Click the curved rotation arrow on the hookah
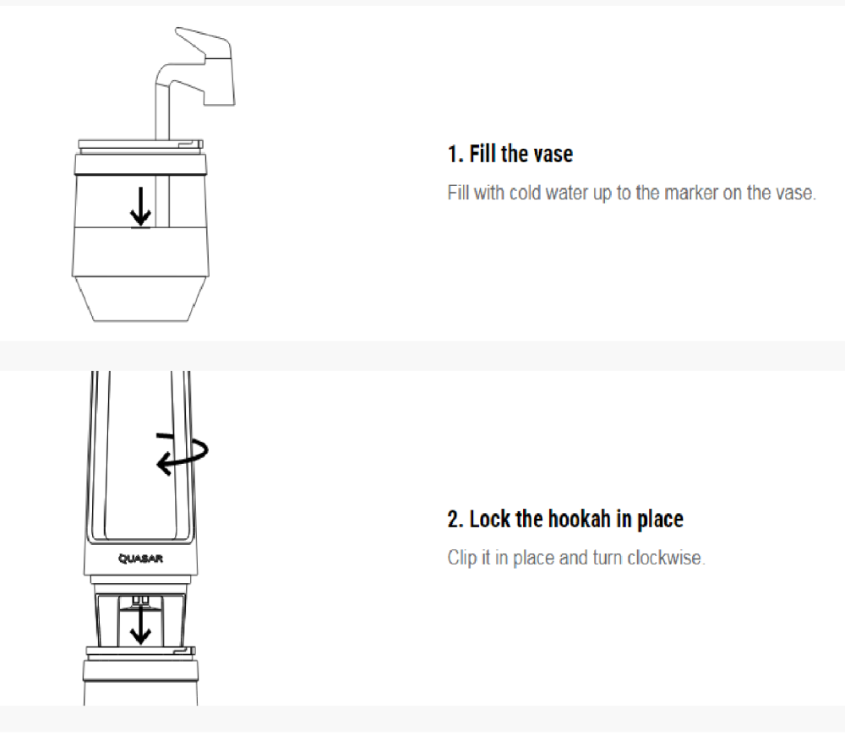(x=182, y=454)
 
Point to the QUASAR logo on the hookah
(x=140, y=559)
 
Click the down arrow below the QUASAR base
(x=140, y=624)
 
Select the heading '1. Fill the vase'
(x=510, y=154)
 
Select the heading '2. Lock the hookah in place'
(x=565, y=519)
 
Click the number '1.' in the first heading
(x=455, y=154)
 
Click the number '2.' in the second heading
(x=455, y=520)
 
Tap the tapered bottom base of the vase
(x=140, y=299)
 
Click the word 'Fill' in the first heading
(x=482, y=154)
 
